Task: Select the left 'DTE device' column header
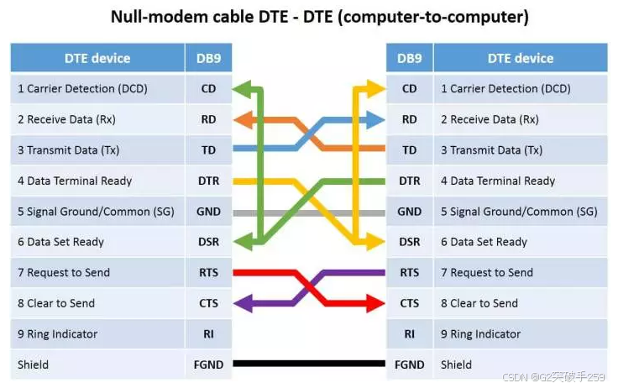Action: (97, 58)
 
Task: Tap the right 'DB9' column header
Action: (409, 58)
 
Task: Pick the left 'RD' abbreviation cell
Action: (208, 119)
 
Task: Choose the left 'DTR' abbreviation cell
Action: (208, 181)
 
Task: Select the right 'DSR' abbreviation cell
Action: (409, 242)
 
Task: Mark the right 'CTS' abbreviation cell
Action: (409, 303)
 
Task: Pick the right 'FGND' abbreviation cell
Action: (409, 364)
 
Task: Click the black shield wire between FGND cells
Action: (309, 364)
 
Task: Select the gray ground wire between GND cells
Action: (309, 212)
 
